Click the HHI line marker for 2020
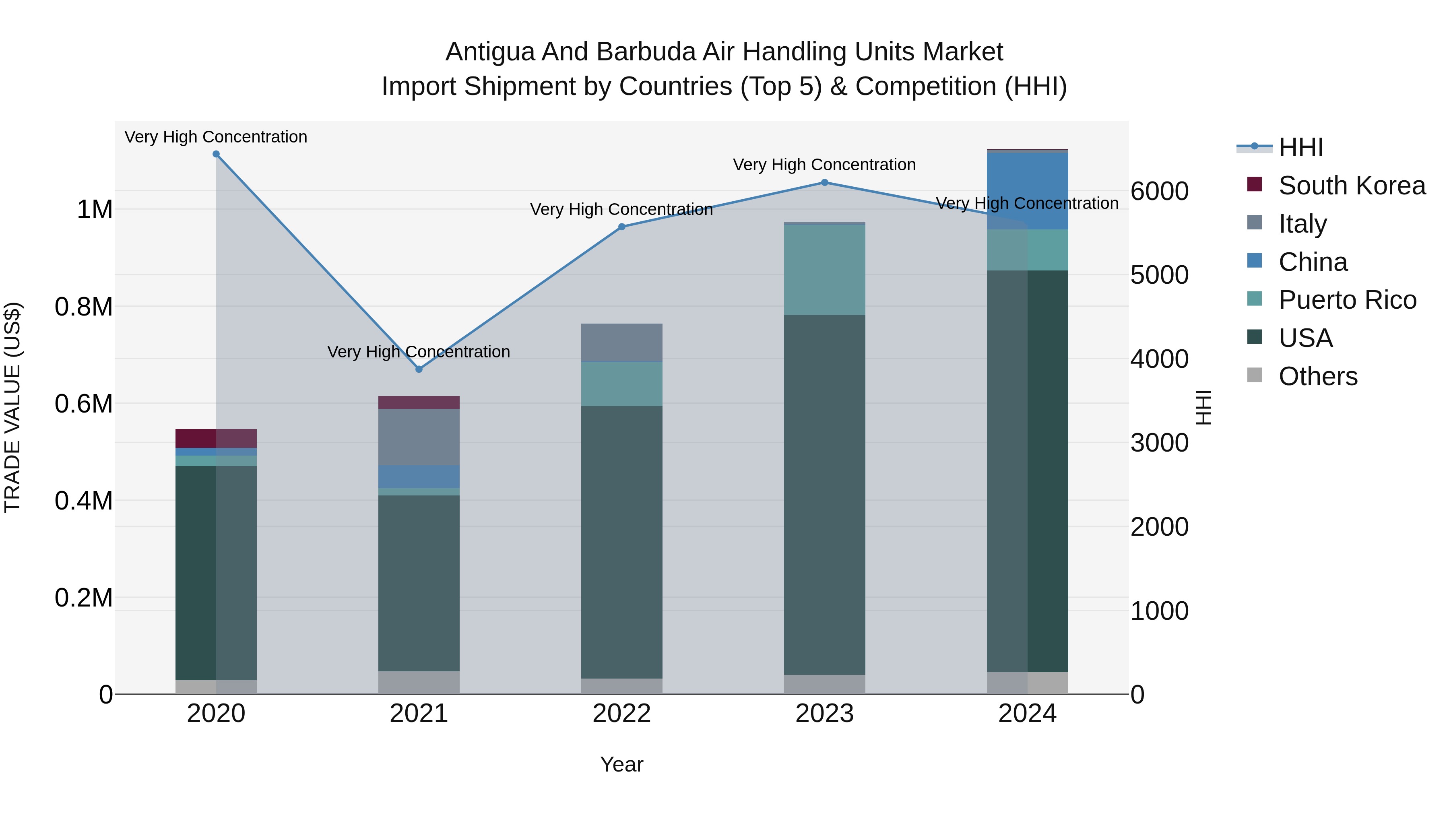216,154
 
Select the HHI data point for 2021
419,369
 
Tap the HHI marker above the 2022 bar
621,227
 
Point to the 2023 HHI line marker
825,182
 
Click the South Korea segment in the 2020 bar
216,438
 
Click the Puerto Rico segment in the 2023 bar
825,270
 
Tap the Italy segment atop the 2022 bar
621,342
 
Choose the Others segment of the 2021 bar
419,682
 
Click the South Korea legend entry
1352,186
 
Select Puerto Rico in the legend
1347,300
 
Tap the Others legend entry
1318,376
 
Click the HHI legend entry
1300,147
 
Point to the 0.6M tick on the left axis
84,404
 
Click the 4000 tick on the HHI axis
1160,359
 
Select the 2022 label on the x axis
621,714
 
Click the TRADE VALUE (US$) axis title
12,407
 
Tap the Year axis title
621,764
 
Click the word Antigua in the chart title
489,52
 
